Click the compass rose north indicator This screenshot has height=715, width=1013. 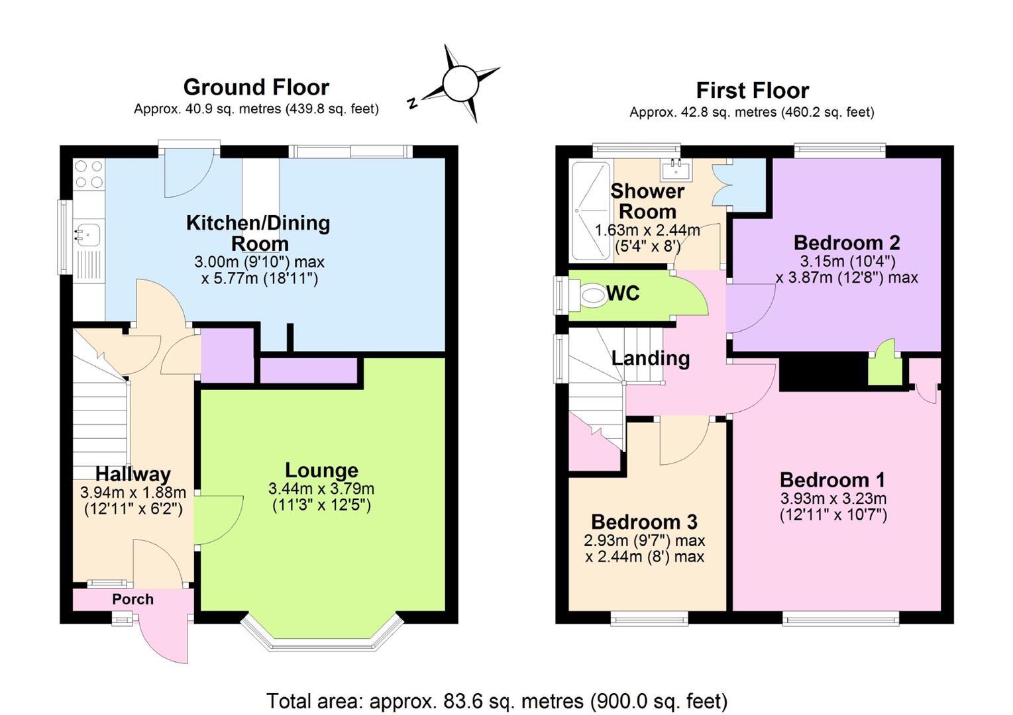point(411,103)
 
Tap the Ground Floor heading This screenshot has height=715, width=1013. point(256,87)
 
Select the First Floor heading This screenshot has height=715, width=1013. point(753,91)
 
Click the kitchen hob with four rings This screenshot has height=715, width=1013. point(89,174)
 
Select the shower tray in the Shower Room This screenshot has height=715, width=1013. point(591,211)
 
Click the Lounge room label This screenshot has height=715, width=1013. point(321,471)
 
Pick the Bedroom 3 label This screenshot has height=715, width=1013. point(644,522)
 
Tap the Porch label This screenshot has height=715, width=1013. point(133,599)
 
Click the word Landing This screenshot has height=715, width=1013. point(651,358)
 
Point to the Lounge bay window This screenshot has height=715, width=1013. point(321,642)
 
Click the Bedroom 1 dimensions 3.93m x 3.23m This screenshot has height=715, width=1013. point(833,499)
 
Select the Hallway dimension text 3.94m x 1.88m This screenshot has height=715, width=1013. point(133,492)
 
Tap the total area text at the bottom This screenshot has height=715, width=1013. point(497,701)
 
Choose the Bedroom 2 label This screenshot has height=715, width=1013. point(847,243)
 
